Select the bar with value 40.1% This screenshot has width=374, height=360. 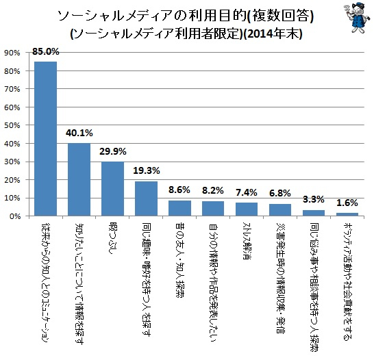point(79,179)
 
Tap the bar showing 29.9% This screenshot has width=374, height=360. point(112,189)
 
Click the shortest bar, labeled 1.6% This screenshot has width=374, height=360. point(347,214)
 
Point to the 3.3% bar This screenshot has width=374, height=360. point(314,213)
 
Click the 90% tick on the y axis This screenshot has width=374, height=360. point(12,53)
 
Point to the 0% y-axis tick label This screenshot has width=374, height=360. point(14,216)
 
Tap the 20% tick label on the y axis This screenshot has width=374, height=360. point(12,180)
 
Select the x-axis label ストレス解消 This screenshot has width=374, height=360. point(247,239)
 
